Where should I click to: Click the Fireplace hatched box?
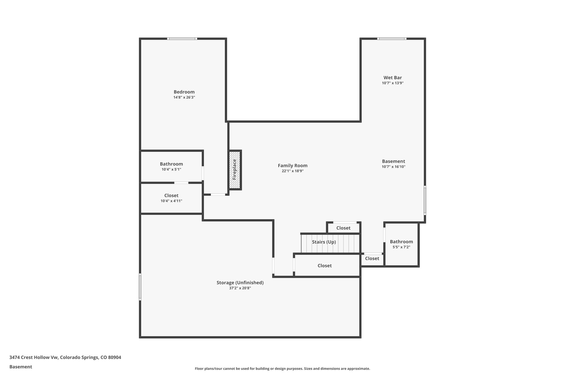[235, 170]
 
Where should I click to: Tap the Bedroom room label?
[184, 92]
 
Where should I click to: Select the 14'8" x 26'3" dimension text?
[184, 98]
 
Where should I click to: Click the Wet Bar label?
[393, 78]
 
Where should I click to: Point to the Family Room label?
[292, 166]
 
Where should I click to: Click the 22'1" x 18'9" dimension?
[292, 171]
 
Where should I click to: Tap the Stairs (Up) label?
[324, 242]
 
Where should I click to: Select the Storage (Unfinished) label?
[240, 283]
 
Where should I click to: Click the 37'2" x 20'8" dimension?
[240, 288]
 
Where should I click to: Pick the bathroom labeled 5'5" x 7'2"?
[401, 244]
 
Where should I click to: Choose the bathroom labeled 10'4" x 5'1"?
[171, 166]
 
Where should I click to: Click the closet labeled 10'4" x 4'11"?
[171, 198]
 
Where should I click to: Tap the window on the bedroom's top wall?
[182, 39]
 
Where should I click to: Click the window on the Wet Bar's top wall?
[392, 39]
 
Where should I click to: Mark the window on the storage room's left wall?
[140, 287]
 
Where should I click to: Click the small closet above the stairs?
[343, 228]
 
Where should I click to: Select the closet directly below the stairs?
[324, 266]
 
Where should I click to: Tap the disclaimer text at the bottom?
[282, 369]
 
